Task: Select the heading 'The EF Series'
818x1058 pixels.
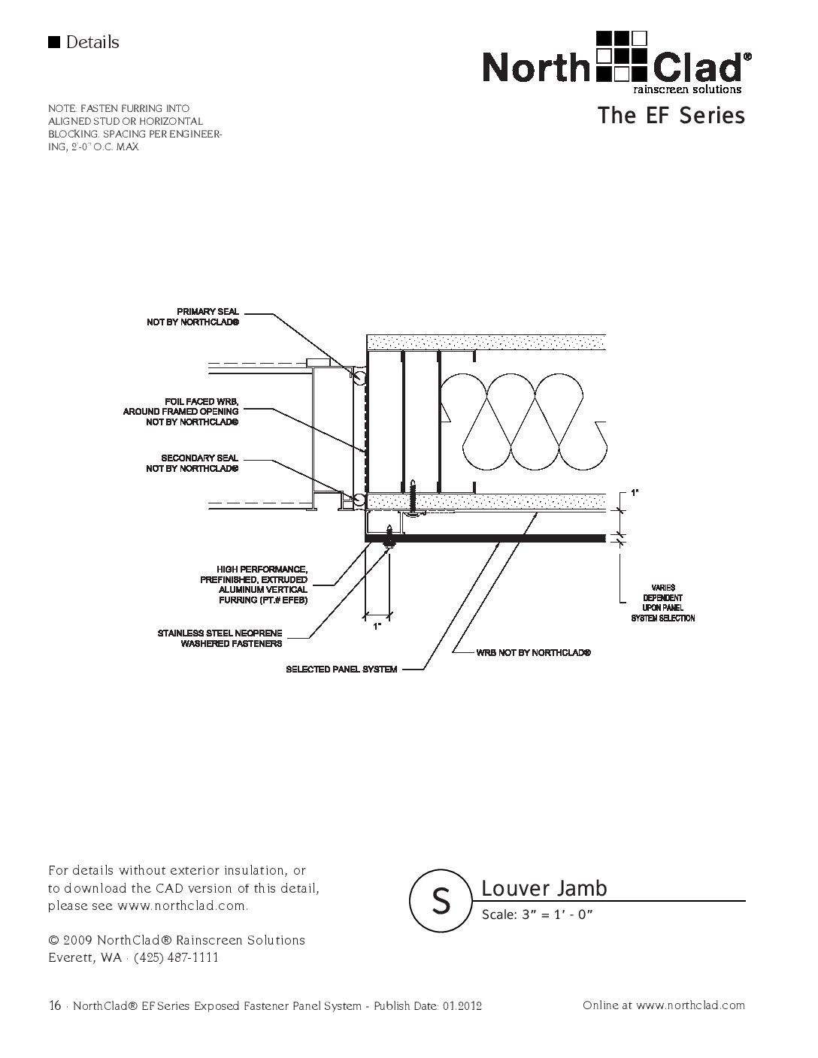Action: tap(671, 116)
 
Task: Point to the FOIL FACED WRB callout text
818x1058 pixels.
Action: tap(181, 412)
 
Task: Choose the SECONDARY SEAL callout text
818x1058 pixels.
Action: tap(192, 463)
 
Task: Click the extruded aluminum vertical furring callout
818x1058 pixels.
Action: tap(254, 585)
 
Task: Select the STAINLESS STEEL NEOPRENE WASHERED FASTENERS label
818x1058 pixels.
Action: tap(220, 639)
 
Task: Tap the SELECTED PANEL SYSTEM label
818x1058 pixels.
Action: tap(341, 669)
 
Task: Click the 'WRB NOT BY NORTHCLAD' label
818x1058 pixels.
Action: tap(533, 653)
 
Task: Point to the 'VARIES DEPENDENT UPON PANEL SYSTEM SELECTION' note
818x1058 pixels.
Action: tap(662, 603)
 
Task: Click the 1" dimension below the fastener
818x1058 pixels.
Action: tap(377, 624)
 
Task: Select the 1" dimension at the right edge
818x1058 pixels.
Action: tap(635, 493)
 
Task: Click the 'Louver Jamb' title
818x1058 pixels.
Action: tap(544, 888)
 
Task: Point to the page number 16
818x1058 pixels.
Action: tap(54, 1005)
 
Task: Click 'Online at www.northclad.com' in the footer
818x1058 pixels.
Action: tap(663, 1005)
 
